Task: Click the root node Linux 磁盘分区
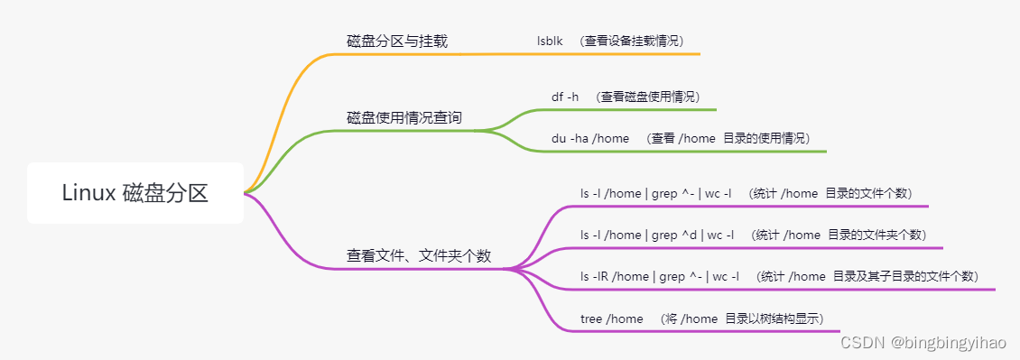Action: click(x=135, y=193)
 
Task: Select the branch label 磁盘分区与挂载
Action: click(x=396, y=42)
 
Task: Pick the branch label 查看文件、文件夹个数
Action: click(x=419, y=256)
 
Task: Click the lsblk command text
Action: click(x=550, y=41)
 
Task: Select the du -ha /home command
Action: click(x=590, y=138)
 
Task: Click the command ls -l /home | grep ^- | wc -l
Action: click(x=656, y=193)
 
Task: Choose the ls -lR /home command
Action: click(x=660, y=276)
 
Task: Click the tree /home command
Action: click(x=612, y=318)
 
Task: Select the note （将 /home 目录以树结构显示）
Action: click(x=741, y=318)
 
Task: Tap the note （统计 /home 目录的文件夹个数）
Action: click(x=839, y=235)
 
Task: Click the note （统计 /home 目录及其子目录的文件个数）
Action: click(x=867, y=276)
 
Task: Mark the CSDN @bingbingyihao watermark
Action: click(x=923, y=343)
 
